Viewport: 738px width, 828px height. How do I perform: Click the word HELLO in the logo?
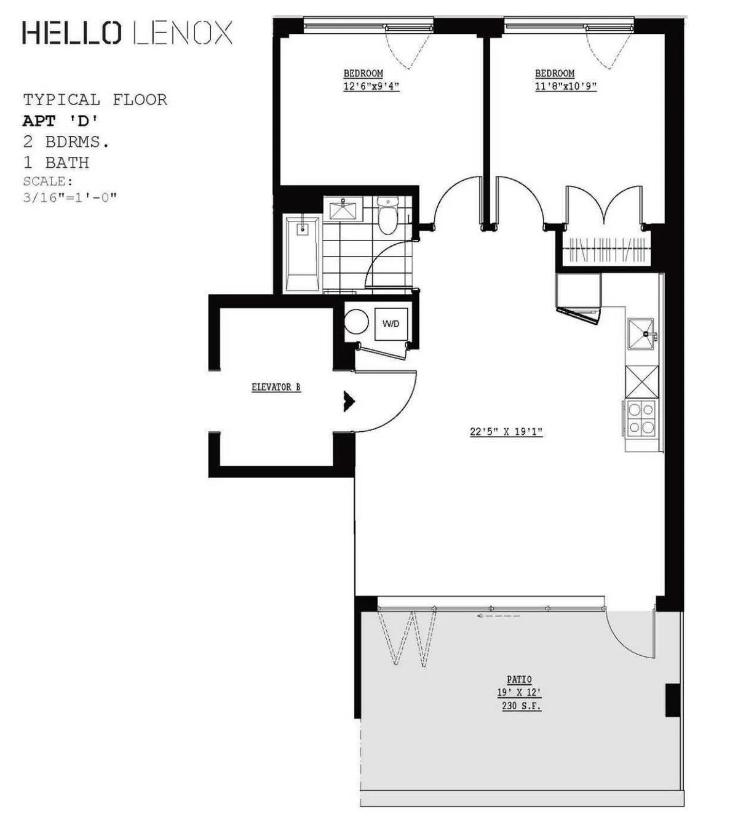tap(71, 33)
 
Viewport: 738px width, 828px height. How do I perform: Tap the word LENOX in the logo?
tap(183, 33)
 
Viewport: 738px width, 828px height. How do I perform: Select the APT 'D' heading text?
tap(60, 120)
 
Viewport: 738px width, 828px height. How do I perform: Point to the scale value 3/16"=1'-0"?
tap(69, 197)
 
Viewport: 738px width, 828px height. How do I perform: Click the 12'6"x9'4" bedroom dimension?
tap(371, 87)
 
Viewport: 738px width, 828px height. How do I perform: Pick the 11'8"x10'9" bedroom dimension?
tap(565, 87)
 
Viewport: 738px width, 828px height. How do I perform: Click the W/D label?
tap(391, 324)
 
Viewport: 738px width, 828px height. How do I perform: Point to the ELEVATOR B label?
tap(276, 388)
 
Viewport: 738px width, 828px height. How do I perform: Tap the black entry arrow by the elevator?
tap(349, 402)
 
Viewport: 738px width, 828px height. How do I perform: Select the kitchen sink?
tap(641, 334)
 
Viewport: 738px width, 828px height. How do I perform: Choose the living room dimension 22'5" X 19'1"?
tap(506, 432)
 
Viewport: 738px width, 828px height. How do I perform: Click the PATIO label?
tap(519, 680)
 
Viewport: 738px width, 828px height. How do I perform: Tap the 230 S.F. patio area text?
tap(522, 706)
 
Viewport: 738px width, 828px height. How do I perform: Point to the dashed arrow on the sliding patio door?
tap(498, 615)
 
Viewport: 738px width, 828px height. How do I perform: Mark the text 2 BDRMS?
tap(66, 141)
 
